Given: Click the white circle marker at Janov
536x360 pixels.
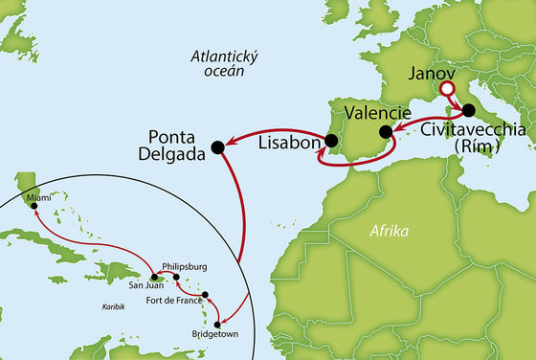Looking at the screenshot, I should (444, 92).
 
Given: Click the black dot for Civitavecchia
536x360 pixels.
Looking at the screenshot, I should (469, 110).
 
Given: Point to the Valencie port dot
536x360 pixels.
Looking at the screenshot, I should (386, 132).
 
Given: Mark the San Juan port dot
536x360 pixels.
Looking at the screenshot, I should (154, 277).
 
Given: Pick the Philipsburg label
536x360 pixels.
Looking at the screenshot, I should (185, 267).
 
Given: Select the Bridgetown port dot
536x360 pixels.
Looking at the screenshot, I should (217, 325).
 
